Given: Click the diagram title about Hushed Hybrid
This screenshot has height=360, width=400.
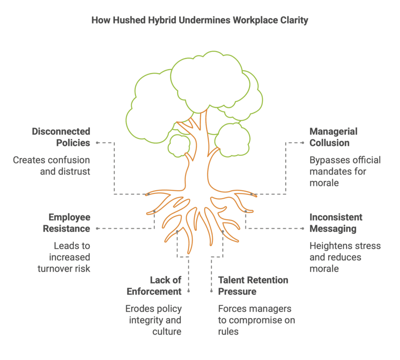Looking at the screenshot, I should click(200, 20).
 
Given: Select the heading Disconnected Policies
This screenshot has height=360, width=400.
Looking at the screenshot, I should click(61, 137).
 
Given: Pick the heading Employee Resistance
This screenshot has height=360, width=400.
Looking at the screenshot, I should click(66, 222).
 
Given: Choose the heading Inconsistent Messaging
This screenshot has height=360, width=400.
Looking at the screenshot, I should click(336, 222).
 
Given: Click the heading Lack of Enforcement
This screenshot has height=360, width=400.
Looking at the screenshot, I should click(166, 285).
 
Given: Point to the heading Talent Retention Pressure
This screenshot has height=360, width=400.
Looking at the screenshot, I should click(253, 285).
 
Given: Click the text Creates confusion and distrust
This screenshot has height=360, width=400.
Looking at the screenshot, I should click(52, 165).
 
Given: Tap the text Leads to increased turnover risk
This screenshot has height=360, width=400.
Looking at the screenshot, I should click(64, 257).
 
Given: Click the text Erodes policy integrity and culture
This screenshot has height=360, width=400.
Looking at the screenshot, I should click(154, 320).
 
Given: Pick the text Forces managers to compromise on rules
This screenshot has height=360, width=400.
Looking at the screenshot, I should click(257, 320).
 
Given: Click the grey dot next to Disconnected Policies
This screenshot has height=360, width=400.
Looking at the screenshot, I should click(97, 143).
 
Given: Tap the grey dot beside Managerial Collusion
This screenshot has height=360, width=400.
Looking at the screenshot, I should click(303, 143).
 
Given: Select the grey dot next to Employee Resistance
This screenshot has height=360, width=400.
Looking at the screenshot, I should click(97, 228).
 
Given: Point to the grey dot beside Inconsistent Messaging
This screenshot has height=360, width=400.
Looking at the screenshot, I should click(303, 228).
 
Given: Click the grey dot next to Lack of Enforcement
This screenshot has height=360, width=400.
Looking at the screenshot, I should click(189, 291).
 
